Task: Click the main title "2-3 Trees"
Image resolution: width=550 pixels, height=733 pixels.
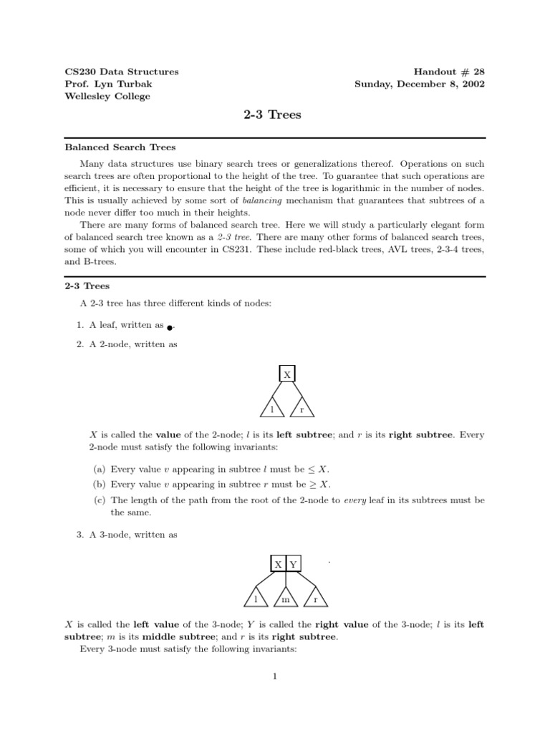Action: point(274,115)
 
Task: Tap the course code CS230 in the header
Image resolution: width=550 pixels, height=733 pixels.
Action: point(79,72)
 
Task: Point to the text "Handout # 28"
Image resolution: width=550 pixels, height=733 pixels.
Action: point(449,72)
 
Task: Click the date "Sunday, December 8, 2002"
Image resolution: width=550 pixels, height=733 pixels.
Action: point(420,84)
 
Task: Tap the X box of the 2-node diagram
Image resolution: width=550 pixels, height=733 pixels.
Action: point(287,374)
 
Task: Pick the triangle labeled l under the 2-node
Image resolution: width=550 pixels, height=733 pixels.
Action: point(272,409)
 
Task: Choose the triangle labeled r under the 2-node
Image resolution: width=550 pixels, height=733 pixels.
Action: point(301,409)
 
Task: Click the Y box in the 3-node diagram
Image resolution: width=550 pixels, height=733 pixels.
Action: point(294,564)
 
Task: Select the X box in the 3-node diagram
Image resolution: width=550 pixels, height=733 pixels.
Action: point(278,564)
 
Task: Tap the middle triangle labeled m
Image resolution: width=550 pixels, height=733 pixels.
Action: point(285,598)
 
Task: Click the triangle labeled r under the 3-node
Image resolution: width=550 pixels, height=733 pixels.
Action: point(315,598)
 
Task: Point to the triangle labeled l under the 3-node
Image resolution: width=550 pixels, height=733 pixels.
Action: point(256,598)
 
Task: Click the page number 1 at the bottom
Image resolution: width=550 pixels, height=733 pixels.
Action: point(274,676)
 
